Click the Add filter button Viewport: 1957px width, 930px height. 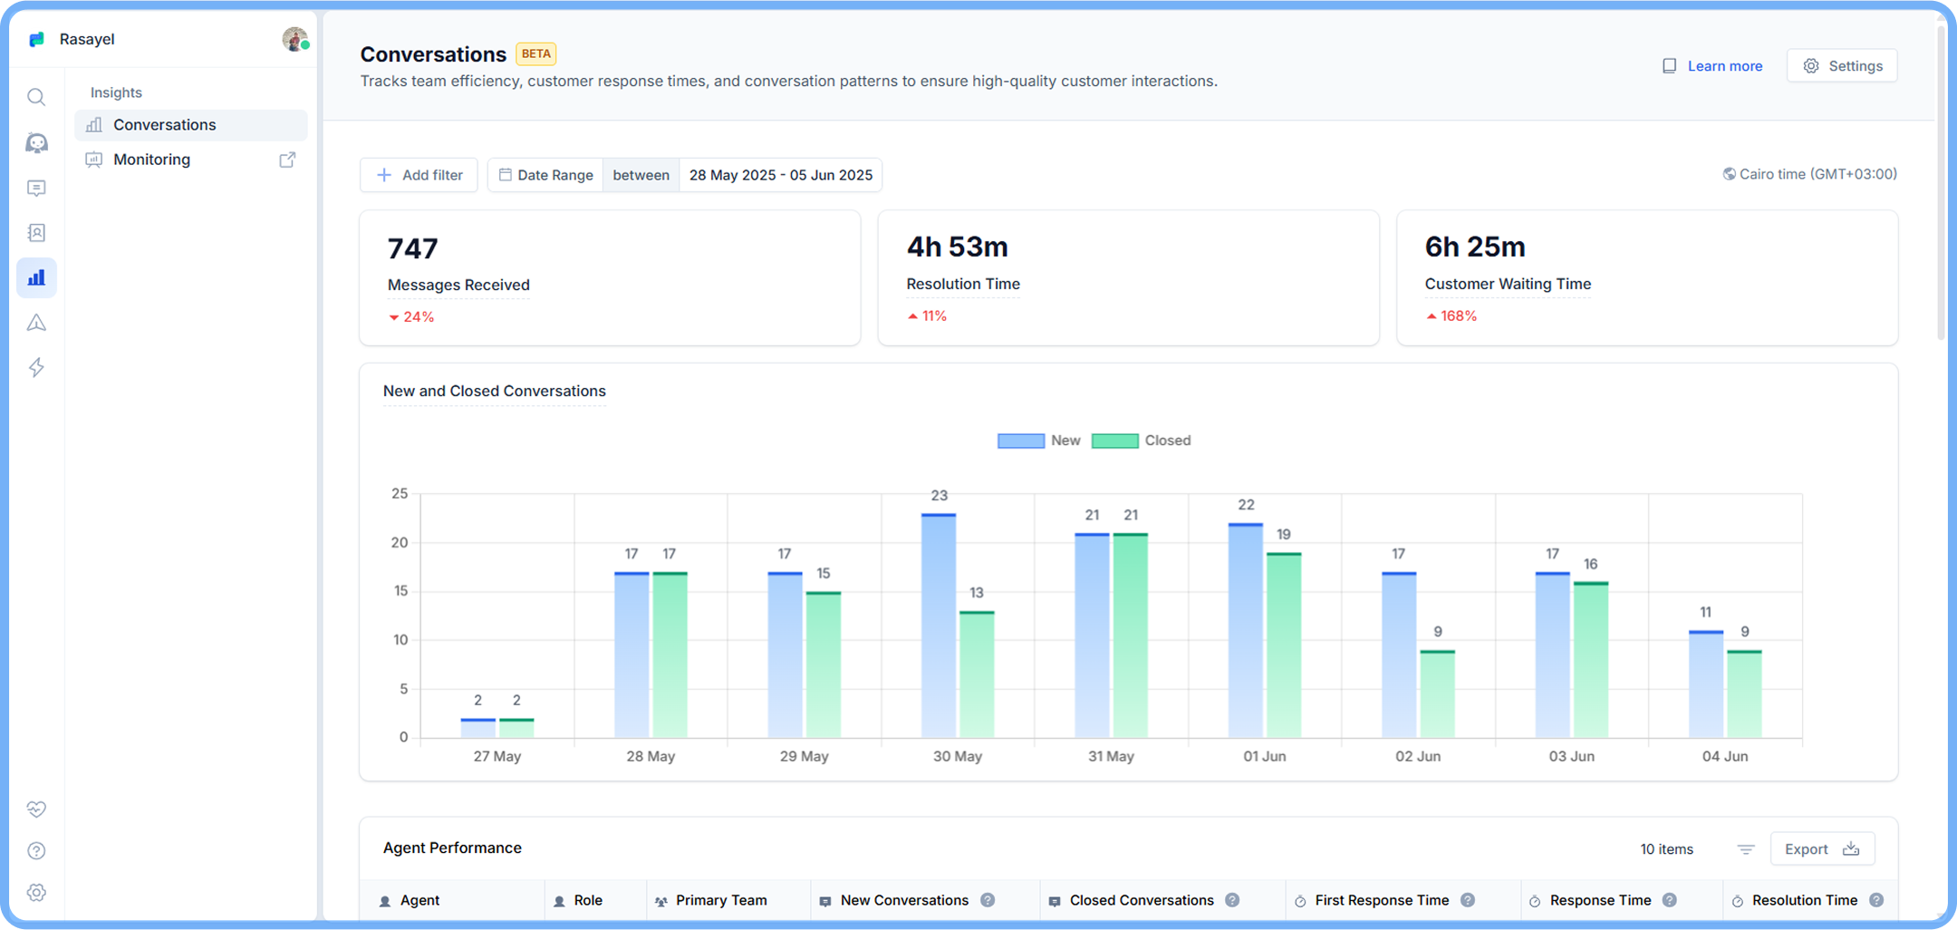[x=419, y=175]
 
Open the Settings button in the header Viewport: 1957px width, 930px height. [x=1842, y=66]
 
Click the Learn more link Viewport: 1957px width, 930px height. [x=1723, y=66]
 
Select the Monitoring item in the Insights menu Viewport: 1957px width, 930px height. [x=151, y=160]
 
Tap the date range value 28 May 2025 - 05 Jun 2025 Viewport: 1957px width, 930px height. [x=780, y=175]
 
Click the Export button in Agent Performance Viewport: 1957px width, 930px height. [x=1821, y=849]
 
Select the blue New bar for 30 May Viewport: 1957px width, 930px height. [x=938, y=625]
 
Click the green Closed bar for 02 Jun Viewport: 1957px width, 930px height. [x=1437, y=693]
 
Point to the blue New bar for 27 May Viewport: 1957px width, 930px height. [x=477, y=728]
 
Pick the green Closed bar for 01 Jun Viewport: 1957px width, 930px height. [x=1283, y=644]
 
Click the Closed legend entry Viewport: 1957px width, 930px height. [x=1142, y=441]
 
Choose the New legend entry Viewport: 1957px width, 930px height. [x=1039, y=441]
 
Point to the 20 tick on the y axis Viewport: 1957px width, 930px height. [x=400, y=543]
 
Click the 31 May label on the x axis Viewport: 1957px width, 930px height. [x=1111, y=756]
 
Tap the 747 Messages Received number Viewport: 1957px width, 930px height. [x=413, y=248]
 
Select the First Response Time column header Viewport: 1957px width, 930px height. [x=1381, y=900]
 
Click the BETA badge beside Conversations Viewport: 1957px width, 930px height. [x=535, y=53]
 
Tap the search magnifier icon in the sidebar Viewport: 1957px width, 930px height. [x=36, y=97]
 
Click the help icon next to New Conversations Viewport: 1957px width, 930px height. [x=988, y=900]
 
